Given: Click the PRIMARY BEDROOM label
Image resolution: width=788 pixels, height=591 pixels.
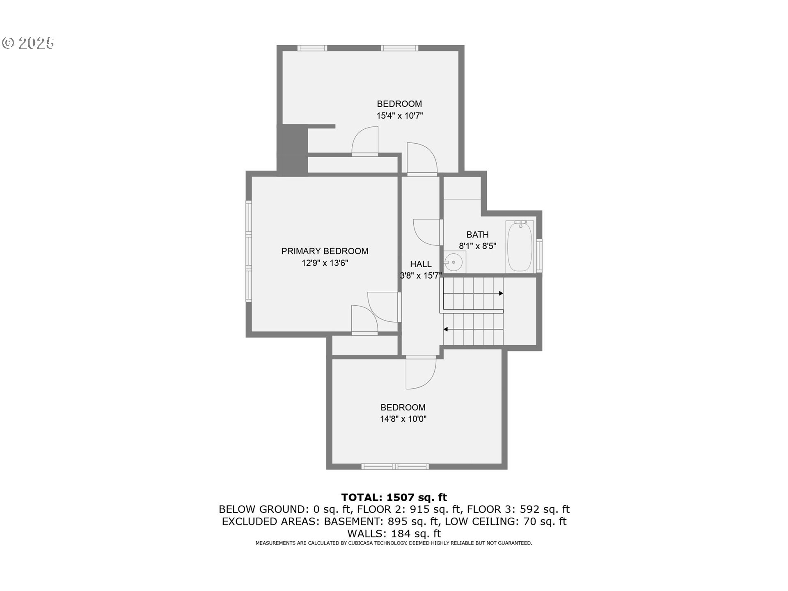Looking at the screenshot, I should click(x=324, y=251).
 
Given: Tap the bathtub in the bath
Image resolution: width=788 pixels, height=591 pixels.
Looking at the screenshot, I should click(x=520, y=246).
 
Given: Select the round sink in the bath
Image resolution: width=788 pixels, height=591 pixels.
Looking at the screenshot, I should click(x=453, y=262).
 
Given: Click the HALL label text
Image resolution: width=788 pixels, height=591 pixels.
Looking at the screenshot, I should click(x=421, y=264).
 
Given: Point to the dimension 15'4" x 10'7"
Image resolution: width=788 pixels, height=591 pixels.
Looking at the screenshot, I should click(x=399, y=116).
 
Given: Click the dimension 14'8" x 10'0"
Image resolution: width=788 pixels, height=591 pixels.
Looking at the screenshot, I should click(x=403, y=419).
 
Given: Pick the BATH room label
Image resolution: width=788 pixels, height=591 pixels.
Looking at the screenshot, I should click(x=477, y=235).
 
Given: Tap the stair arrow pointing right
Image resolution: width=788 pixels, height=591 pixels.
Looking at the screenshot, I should click(x=500, y=293).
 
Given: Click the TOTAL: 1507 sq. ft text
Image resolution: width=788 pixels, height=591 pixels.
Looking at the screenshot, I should click(x=394, y=497).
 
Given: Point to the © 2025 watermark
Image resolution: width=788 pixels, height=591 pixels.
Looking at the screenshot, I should click(x=28, y=43).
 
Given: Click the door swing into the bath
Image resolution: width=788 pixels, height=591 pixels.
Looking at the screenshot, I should click(x=427, y=233).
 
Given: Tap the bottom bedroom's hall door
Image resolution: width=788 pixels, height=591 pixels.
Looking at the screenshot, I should click(x=420, y=373).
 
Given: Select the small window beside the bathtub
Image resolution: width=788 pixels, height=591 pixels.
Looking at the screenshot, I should click(x=539, y=256).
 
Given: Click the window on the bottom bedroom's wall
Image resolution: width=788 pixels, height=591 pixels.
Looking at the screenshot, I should click(x=395, y=467).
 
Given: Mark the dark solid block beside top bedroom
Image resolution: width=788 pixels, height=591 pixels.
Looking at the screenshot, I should click(x=292, y=150).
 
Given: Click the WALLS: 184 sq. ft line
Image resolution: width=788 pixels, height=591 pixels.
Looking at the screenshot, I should click(x=394, y=534).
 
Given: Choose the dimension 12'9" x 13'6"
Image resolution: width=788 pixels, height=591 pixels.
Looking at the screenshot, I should click(x=325, y=263).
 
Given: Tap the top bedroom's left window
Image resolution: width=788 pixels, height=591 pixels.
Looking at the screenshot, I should click(x=312, y=48).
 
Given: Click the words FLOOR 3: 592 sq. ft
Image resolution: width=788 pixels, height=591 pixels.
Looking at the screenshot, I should click(x=518, y=509).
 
